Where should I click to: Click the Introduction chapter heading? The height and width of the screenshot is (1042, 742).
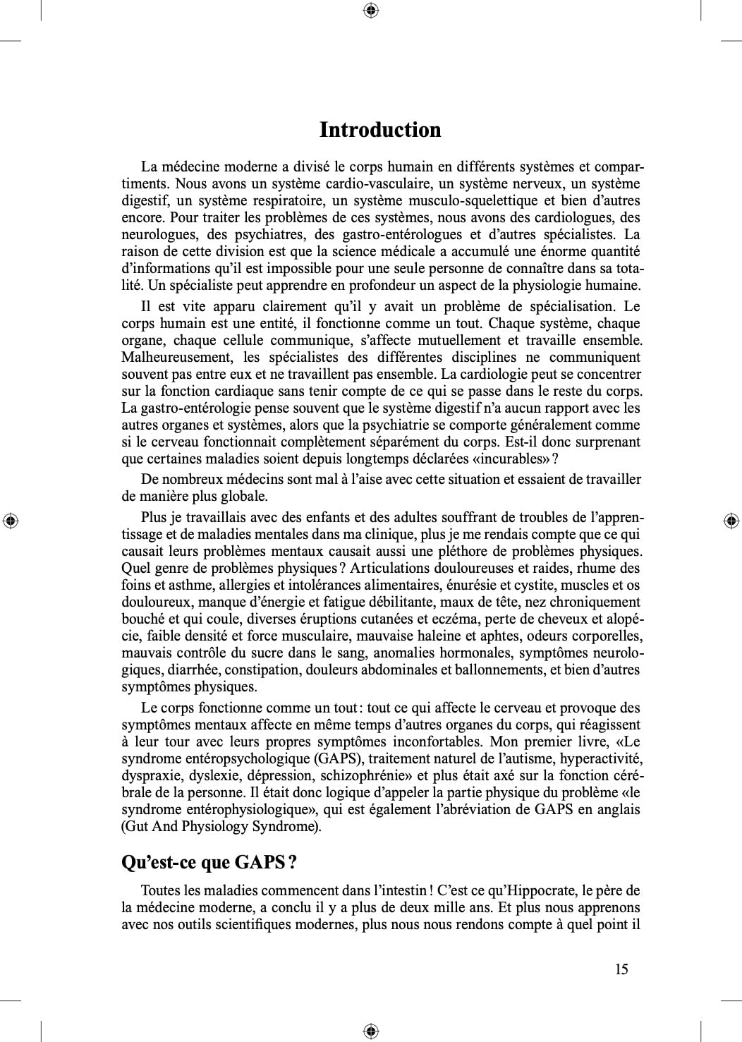pyautogui.click(x=380, y=130)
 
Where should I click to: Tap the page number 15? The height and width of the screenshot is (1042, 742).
pyautogui.click(x=621, y=969)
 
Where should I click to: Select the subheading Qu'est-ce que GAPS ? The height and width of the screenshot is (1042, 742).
pyautogui.click(x=209, y=862)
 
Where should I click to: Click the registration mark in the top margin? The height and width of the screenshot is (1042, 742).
pyautogui.click(x=371, y=11)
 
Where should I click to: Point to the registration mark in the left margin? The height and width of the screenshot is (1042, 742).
pyautogui.click(x=11, y=521)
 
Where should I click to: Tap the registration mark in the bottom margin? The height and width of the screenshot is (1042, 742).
pyautogui.click(x=371, y=1031)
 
